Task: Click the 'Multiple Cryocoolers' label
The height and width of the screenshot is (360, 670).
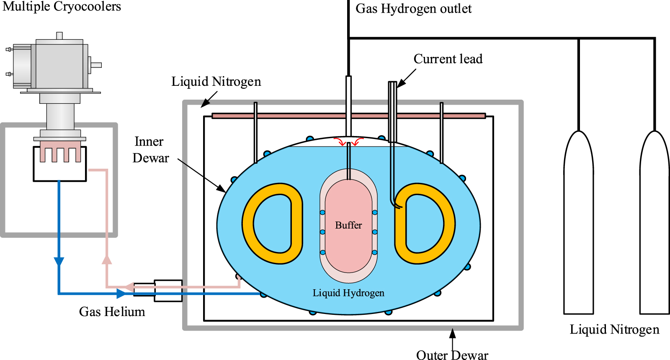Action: [x=62, y=7]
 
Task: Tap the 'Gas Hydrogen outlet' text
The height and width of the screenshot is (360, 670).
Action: [x=413, y=9]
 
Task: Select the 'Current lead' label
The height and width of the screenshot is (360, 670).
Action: [x=448, y=59]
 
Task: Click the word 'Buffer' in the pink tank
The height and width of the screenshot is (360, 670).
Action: [x=348, y=225]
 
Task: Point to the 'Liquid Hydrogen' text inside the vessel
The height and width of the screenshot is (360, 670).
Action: [x=348, y=293]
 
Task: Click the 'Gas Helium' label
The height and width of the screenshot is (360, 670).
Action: [x=112, y=312]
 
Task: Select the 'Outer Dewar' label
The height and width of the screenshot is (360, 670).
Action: [x=452, y=355]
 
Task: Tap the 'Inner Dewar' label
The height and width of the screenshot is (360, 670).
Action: [x=150, y=150]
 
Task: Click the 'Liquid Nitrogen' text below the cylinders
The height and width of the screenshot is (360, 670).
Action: [x=614, y=329]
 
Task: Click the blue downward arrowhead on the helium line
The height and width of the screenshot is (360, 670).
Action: [x=59, y=262]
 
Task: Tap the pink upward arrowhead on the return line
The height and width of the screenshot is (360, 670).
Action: [x=107, y=260]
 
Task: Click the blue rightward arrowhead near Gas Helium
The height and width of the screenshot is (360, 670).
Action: [x=121, y=293]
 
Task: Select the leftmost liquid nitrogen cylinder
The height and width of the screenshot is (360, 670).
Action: [x=578, y=226]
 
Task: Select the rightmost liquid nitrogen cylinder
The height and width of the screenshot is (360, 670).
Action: [x=655, y=226]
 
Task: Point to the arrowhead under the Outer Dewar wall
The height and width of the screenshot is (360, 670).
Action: [x=452, y=334]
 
